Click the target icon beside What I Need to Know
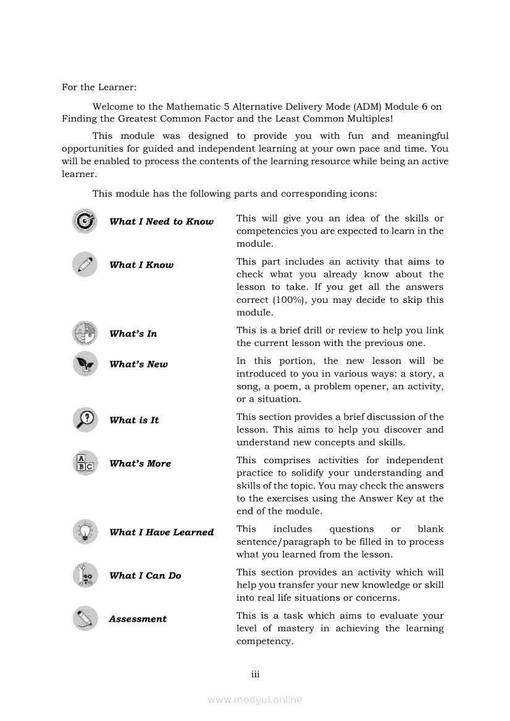[x=85, y=221]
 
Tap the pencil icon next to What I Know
[x=85, y=264]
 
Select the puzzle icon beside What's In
[x=85, y=333]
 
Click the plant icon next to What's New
[x=85, y=363]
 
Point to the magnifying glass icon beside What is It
[x=85, y=419]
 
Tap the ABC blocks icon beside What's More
[x=85, y=463]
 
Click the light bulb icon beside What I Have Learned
[x=85, y=531]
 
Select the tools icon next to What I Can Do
[x=85, y=575]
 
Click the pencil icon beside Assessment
[x=85, y=618]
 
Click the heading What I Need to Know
[x=161, y=221]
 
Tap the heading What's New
[x=138, y=364]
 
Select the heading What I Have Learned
[x=161, y=532]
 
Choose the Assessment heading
[x=138, y=619]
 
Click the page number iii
[x=255, y=674]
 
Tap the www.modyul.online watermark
[x=255, y=699]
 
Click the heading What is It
[x=134, y=420]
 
